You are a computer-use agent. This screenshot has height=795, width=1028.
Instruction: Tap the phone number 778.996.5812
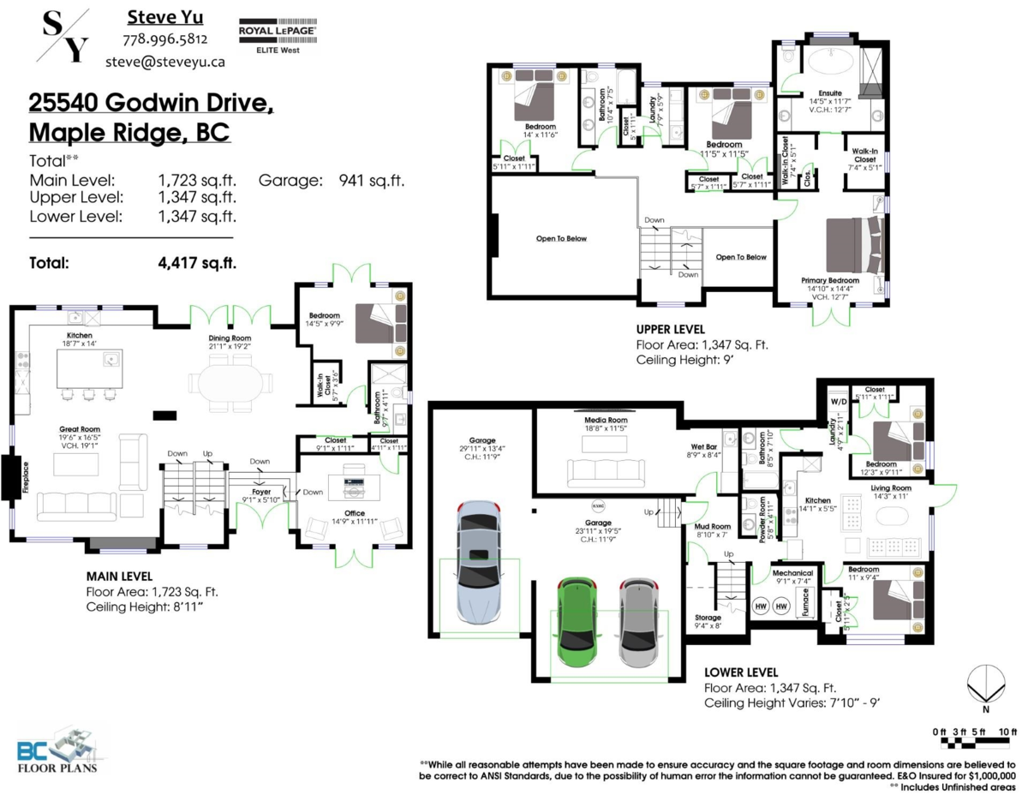tap(165, 39)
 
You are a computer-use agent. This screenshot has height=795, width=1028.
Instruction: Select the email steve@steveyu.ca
tap(165, 61)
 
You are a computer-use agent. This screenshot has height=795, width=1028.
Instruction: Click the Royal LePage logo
tap(278, 32)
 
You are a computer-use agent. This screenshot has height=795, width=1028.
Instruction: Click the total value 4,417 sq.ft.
tap(197, 263)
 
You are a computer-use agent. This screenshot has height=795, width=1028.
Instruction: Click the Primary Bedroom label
tap(829, 281)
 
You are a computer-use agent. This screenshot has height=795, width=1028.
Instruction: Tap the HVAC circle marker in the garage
tap(599, 505)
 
